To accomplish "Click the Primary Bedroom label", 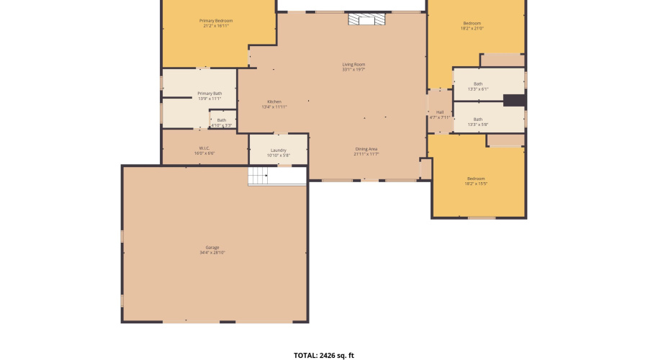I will click(x=216, y=21).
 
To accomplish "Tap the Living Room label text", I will click(x=354, y=65).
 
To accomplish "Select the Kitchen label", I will click(x=274, y=102).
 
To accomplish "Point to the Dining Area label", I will click(x=366, y=149).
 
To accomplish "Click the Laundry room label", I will click(x=278, y=150).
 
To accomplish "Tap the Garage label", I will click(x=212, y=248).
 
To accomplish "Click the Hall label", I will click(x=439, y=112).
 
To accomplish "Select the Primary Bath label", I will click(x=210, y=94).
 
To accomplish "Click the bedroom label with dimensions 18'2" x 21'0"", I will click(x=472, y=23).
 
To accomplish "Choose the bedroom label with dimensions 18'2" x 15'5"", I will click(x=476, y=179).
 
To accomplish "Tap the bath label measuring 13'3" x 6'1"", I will click(x=478, y=84).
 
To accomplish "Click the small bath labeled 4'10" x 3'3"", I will click(x=222, y=120).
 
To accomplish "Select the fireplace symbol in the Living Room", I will click(x=366, y=19).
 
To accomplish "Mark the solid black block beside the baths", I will click(x=513, y=101).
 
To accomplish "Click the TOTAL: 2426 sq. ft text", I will click(x=324, y=355).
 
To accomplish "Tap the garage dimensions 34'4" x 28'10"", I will click(x=212, y=253).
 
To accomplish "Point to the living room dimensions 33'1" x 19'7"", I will click(x=354, y=70).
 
